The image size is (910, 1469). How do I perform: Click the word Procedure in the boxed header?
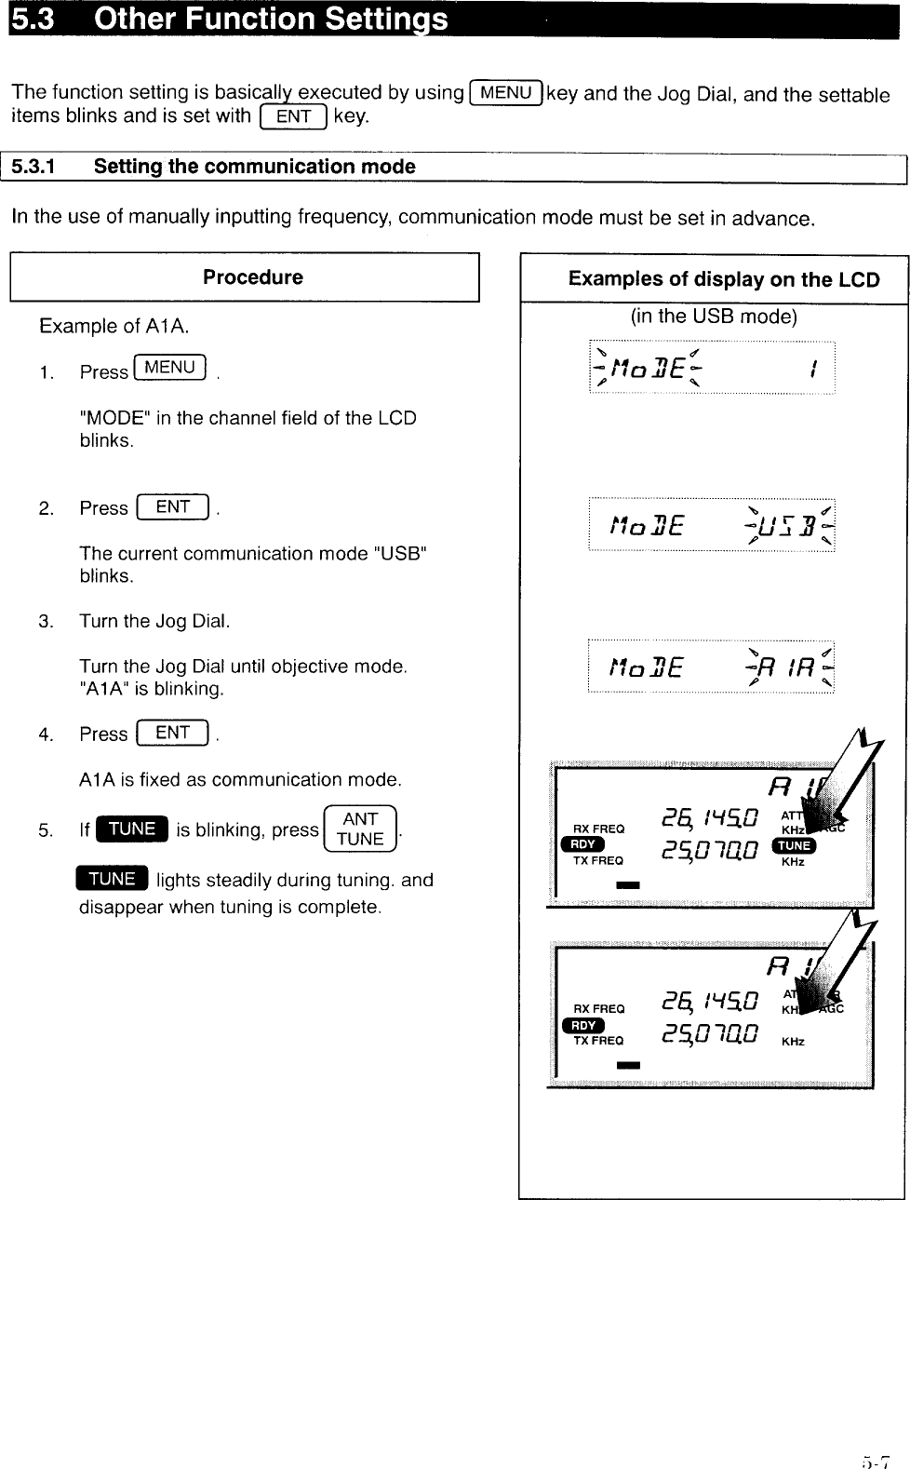[252, 277]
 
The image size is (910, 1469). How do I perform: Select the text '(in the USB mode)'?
[714, 317]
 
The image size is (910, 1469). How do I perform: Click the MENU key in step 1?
[170, 369]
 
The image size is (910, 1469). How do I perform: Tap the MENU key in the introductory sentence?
[507, 93]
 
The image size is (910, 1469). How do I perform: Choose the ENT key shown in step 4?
[173, 734]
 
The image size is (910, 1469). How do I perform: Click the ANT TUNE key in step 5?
[360, 829]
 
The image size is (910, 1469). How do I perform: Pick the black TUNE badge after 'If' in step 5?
[132, 829]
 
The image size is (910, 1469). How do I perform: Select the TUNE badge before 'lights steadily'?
[113, 879]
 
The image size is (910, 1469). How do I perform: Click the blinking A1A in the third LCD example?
[790, 667]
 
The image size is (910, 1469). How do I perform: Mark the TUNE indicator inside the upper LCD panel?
[795, 845]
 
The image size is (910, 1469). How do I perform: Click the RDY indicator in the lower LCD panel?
[583, 1025]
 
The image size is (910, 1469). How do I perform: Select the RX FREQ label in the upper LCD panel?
[598, 829]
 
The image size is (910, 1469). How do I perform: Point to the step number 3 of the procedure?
[46, 622]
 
